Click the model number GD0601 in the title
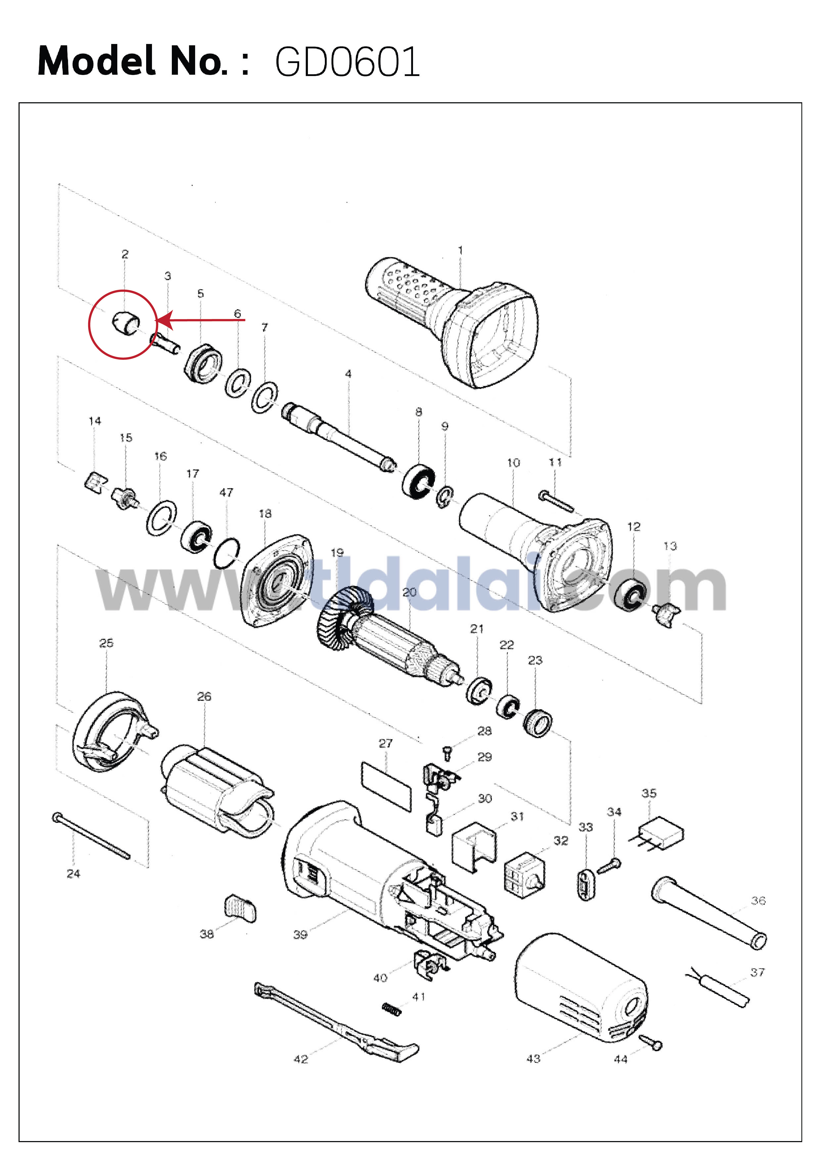click(347, 62)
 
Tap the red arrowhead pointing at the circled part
click(164, 320)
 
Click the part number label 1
click(460, 250)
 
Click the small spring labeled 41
click(392, 1009)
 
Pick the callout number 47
click(226, 493)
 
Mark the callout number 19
click(337, 553)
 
